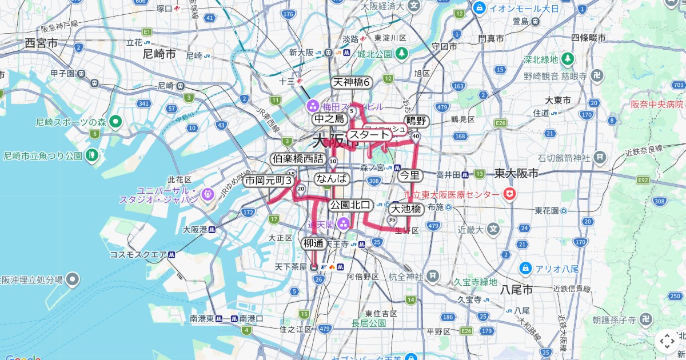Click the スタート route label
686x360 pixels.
tap(369, 135)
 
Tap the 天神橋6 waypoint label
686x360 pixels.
tap(352, 82)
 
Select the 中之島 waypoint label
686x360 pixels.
tap(329, 119)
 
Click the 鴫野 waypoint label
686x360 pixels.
tap(417, 121)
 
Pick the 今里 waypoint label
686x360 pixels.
tap(409, 175)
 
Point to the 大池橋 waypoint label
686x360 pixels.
tap(406, 209)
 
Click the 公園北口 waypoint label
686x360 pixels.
tap(350, 205)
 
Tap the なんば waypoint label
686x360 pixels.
tap(332, 178)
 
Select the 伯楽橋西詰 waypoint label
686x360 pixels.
tap(298, 159)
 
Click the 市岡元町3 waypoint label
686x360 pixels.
tap(269, 181)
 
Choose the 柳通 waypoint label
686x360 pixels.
tap(314, 243)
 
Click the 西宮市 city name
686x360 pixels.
tap(41, 43)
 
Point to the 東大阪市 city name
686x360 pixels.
tap(517, 173)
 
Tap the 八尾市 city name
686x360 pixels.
tap(517, 290)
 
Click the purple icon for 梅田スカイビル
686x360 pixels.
tap(313, 106)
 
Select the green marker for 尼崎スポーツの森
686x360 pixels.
tap(115, 121)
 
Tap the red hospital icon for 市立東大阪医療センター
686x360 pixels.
tap(508, 195)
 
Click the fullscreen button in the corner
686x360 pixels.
tap(667, 341)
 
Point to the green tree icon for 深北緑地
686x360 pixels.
tap(568, 58)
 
